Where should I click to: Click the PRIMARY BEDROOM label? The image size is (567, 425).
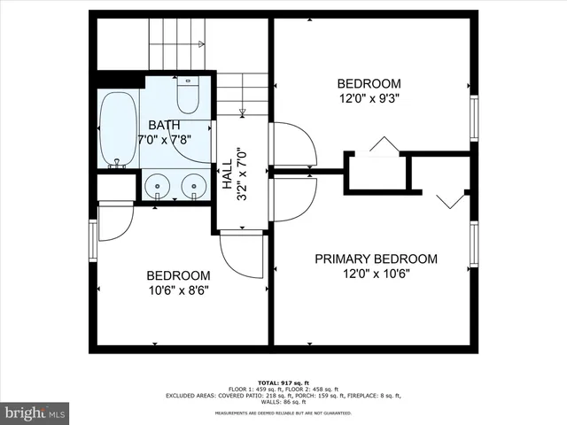pos(377,259)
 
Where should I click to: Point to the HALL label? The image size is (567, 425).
pos(227,174)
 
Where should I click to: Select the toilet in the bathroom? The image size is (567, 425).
pos(188,93)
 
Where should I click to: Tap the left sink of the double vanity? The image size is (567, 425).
pos(158,187)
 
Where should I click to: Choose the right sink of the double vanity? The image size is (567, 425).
pos(191,187)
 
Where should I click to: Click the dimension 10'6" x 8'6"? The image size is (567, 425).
pos(178,290)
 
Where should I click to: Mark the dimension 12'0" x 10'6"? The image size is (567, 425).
pos(377,274)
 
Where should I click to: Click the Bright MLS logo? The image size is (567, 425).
pos(35,412)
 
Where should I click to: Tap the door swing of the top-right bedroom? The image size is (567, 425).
pos(292,143)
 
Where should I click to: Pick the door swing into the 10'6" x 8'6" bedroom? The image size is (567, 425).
pos(241,256)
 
